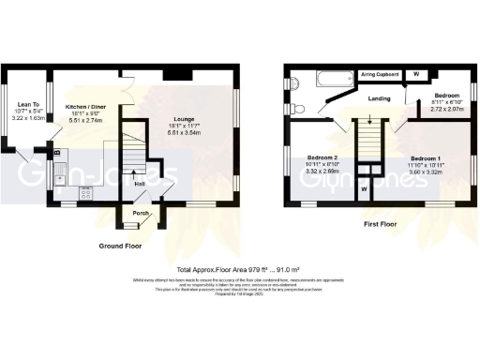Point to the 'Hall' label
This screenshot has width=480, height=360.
point(139,184)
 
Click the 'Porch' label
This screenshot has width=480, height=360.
point(141,213)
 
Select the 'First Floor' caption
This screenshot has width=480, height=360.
point(382,224)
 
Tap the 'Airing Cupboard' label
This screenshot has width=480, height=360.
point(381,71)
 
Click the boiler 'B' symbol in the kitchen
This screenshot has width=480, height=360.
point(57,152)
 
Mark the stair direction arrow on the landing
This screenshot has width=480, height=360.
point(373,119)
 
